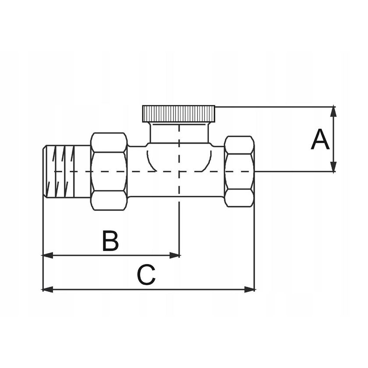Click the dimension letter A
[x=320, y=140]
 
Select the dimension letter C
[x=146, y=275]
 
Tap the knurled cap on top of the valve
[x=179, y=113]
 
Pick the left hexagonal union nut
[x=109, y=171]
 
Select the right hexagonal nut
[x=239, y=171]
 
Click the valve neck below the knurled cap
[x=179, y=133]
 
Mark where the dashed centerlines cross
[x=179, y=171]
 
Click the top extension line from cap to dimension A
[x=272, y=106]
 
